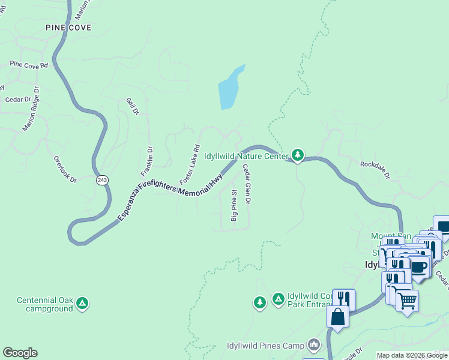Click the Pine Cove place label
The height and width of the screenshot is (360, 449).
click(x=68, y=28)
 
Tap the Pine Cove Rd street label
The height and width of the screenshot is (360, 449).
click(x=28, y=65)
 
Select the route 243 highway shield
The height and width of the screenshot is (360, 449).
click(x=102, y=180)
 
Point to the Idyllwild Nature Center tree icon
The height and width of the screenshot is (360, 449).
click(x=298, y=155)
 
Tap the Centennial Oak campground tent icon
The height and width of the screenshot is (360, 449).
click(x=83, y=305)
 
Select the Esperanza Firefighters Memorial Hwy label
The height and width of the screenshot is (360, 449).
click(x=170, y=197)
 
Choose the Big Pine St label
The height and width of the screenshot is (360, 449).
click(x=235, y=206)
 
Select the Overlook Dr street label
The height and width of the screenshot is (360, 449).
click(x=65, y=170)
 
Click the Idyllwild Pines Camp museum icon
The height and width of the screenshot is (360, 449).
click(x=313, y=344)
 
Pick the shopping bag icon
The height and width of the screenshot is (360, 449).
click(x=338, y=316)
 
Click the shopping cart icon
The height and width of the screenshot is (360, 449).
click(x=407, y=301)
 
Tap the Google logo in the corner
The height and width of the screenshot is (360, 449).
click(x=20, y=353)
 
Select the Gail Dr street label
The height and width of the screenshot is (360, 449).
click(x=133, y=107)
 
